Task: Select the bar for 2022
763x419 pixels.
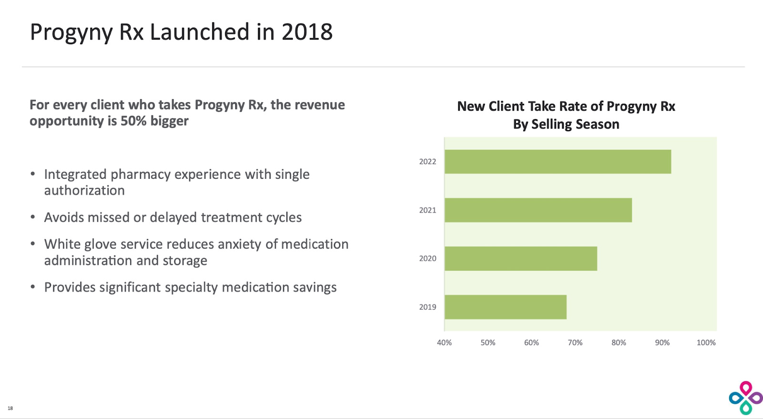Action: tap(557, 162)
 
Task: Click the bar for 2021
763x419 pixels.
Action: tap(538, 210)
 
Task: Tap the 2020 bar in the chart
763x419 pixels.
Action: tap(521, 258)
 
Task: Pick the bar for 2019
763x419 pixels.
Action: tap(505, 307)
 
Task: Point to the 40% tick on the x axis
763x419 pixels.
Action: tap(444, 343)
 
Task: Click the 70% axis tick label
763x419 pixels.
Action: tap(575, 343)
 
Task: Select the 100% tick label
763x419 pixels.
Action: tap(706, 343)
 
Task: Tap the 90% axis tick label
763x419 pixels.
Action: tap(662, 343)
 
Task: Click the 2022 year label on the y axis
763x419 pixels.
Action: tap(427, 162)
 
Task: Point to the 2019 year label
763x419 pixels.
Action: tap(427, 307)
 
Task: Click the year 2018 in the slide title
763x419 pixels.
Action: tap(307, 32)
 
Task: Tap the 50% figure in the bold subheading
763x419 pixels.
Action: tap(133, 121)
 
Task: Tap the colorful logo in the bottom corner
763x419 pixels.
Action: tap(745, 398)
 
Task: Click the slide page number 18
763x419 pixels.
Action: tap(10, 408)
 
